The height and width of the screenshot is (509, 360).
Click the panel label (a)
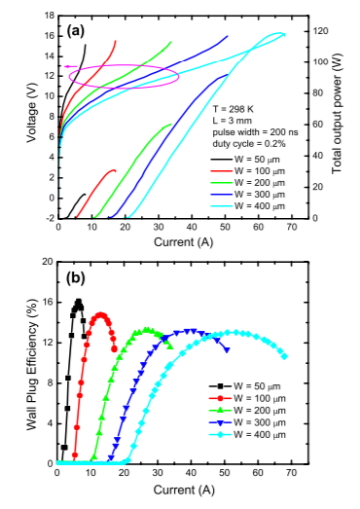(x=76, y=31)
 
